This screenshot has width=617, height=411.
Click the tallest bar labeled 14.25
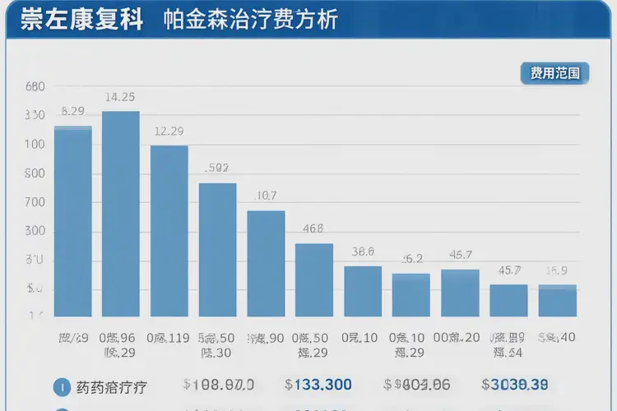(x=121, y=214)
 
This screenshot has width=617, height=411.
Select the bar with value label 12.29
(x=169, y=231)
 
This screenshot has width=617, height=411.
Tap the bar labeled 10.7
(x=266, y=263)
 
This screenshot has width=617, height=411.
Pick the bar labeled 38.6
(x=363, y=291)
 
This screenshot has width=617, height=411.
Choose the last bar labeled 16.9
(x=558, y=300)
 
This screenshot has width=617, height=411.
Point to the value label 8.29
(x=73, y=112)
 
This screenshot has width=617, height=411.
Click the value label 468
(x=313, y=229)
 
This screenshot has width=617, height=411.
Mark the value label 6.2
(x=412, y=258)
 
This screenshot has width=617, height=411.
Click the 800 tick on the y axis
(x=35, y=173)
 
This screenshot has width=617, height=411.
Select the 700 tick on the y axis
(x=35, y=202)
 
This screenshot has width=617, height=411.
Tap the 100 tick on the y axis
(x=35, y=145)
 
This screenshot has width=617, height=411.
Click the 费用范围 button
(x=554, y=74)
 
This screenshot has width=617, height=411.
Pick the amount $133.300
(x=318, y=384)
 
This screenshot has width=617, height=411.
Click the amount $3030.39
(x=515, y=384)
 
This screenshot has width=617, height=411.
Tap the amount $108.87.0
(x=218, y=384)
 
